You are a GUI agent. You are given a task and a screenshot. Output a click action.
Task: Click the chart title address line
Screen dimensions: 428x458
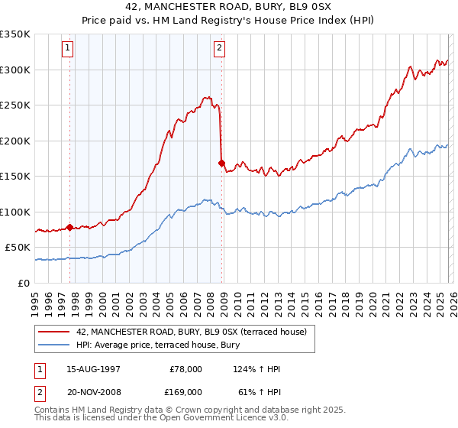pos(229,6)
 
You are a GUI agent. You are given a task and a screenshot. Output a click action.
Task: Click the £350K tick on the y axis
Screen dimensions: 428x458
pos(15,34)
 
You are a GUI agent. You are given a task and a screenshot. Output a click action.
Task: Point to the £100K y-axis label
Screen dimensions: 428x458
pos(15,212)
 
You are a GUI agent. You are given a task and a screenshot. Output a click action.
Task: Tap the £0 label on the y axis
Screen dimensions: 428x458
pos(24,283)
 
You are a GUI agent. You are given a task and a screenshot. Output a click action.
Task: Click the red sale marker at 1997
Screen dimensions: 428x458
pos(70,227)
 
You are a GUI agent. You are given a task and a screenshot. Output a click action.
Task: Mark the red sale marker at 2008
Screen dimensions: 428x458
pos(222,163)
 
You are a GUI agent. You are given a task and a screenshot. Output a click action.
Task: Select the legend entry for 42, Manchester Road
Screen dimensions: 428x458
pos(191,332)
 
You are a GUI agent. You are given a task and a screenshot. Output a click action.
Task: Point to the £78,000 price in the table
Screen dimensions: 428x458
pos(185,369)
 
